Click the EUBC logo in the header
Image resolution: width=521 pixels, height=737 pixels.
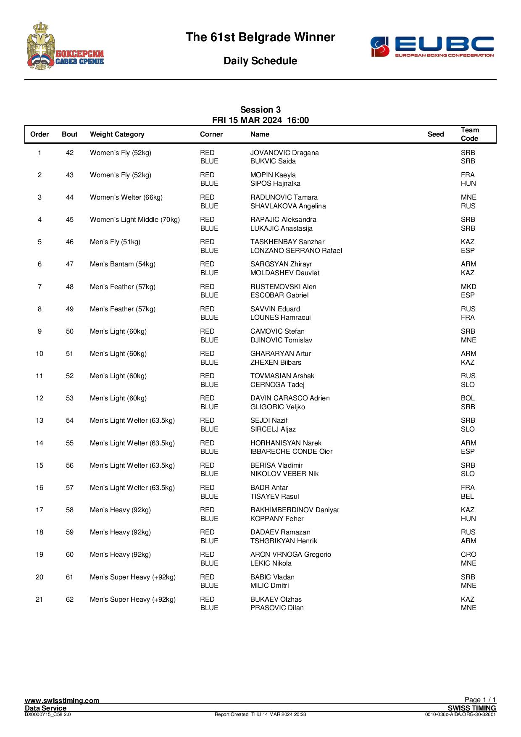pyautogui.click(x=432, y=46)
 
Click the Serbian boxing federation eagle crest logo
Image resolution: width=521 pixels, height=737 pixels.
pyautogui.click(x=65, y=46)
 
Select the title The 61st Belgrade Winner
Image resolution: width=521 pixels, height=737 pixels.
pyautogui.click(x=260, y=37)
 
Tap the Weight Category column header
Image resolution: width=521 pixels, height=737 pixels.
pyautogui.click(x=117, y=134)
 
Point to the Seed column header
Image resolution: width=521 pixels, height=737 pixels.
pyautogui.click(x=435, y=134)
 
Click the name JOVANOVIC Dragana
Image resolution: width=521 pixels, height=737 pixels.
pyautogui.click(x=284, y=153)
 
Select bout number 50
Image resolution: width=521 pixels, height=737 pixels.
pyautogui.click(x=70, y=332)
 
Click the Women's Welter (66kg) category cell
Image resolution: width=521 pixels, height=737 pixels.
pyautogui.click(x=126, y=197)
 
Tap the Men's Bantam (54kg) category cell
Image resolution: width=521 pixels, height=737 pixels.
pyautogui.click(x=123, y=264)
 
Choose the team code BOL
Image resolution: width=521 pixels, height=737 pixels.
pyautogui.click(x=468, y=398)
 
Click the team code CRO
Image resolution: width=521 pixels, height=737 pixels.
pyautogui.click(x=468, y=555)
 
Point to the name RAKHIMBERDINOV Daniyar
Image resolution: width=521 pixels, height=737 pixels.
pyautogui.click(x=295, y=510)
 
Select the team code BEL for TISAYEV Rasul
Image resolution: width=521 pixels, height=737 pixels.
pyautogui.click(x=467, y=497)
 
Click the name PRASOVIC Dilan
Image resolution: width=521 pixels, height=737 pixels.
pyautogui.click(x=277, y=608)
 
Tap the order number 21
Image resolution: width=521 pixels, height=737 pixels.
pyautogui.click(x=39, y=600)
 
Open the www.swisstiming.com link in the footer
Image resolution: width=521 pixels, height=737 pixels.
pyautogui.click(x=62, y=700)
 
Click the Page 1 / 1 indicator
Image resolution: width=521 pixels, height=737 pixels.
pyautogui.click(x=480, y=700)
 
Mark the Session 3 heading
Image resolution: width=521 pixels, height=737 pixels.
pyautogui.click(x=260, y=110)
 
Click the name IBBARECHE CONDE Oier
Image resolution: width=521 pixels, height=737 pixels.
pyautogui.click(x=291, y=452)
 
